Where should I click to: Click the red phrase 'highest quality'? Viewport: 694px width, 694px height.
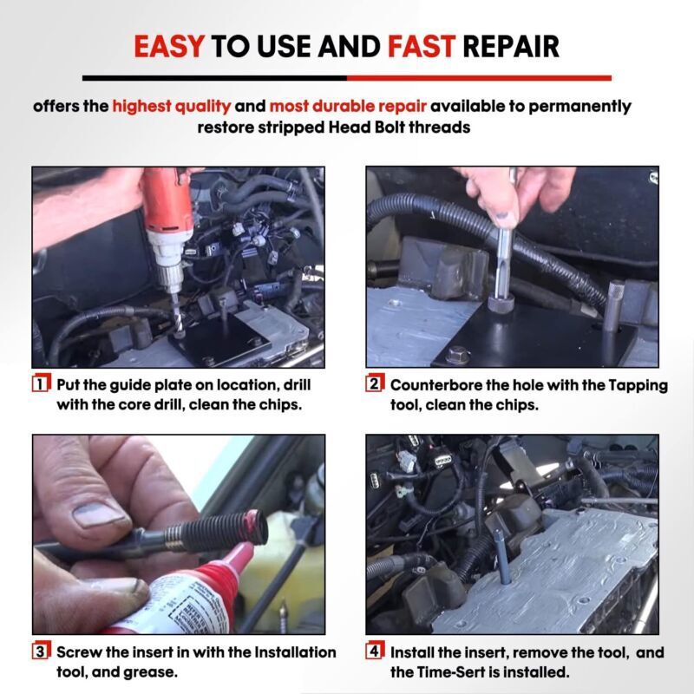coord(171,107)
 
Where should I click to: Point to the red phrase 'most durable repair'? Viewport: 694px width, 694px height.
coord(347,107)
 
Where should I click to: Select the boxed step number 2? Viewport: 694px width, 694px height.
coord(375,383)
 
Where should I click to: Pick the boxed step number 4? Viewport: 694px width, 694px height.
coord(375,651)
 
